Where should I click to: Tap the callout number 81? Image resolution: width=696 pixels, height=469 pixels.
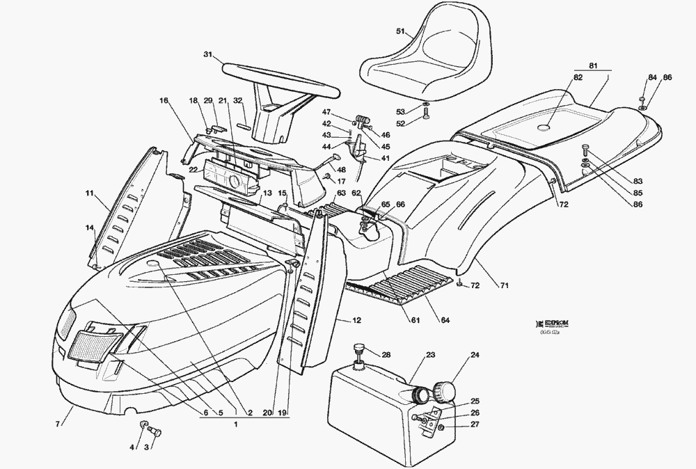pos(593,65)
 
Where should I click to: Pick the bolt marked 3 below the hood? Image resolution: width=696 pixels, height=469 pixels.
pos(155,434)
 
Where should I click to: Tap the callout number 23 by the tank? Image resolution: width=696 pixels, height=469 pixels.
pos(430,355)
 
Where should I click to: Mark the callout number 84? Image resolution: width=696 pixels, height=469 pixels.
pos(651,77)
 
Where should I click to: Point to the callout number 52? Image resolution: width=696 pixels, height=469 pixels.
pos(400,124)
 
